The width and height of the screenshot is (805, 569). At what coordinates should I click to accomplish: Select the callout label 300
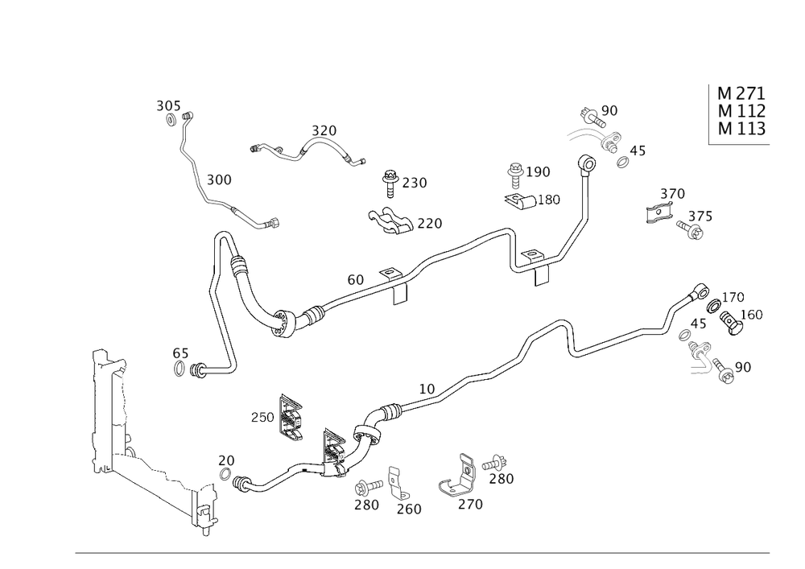pos(218,179)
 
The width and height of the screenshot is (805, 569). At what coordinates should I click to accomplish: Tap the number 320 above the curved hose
pos(324,130)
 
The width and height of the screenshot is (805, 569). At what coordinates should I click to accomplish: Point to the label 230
pos(414,183)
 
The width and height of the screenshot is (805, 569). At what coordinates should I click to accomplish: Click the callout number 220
pos(429,223)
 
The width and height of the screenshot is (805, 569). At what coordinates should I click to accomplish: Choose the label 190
pos(539,171)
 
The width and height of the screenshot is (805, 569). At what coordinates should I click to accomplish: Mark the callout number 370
pos(672,194)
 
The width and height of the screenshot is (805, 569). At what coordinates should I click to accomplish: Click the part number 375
pos(700,217)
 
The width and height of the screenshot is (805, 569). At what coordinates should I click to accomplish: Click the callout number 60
pos(356,279)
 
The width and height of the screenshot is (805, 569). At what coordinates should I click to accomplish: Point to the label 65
pos(180,353)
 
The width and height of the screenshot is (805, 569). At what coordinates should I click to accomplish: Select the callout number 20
pos(227,460)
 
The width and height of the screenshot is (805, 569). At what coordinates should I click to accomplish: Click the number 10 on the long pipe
pos(427,388)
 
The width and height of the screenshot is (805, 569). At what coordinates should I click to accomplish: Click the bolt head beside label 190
pos(514,171)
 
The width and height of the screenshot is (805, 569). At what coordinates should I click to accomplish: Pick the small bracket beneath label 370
pos(658,215)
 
